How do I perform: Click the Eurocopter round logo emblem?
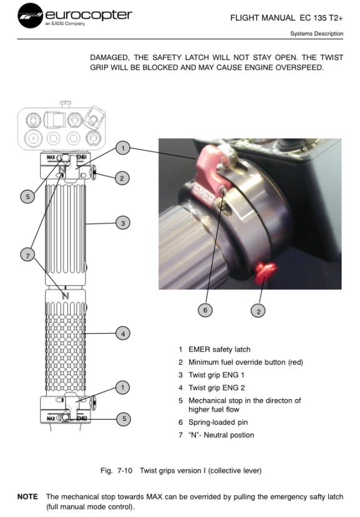tap(30, 16)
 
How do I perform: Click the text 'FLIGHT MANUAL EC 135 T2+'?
tap(286, 18)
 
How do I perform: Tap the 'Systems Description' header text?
tap(316, 33)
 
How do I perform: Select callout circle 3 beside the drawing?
tap(123, 223)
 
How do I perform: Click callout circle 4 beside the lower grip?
tap(123, 334)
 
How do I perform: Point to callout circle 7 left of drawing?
tap(27, 255)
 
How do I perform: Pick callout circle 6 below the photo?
tap(205, 310)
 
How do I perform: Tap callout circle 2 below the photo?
tap(258, 311)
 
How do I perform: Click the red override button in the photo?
tap(265, 273)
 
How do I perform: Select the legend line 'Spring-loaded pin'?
tap(218, 422)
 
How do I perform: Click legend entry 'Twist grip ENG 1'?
tap(216, 375)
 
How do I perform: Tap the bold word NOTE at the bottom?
tap(27, 496)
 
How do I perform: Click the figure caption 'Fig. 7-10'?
tap(116, 470)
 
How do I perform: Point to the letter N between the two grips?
tap(66, 296)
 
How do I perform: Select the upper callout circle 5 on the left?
tap(27, 197)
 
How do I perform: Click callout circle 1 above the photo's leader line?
tap(123, 148)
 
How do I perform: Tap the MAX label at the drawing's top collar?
tap(51, 157)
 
